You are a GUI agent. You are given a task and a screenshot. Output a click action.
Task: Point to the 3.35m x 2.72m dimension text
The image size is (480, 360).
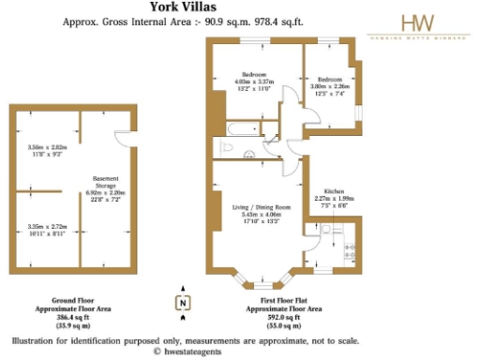click(48, 229)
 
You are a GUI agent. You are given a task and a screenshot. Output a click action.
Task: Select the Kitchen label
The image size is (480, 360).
click(334, 189)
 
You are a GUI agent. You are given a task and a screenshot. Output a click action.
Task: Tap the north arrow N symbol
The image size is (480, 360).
click(184, 302)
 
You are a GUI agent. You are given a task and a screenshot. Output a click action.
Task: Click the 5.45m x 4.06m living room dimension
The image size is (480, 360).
click(256, 217)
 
